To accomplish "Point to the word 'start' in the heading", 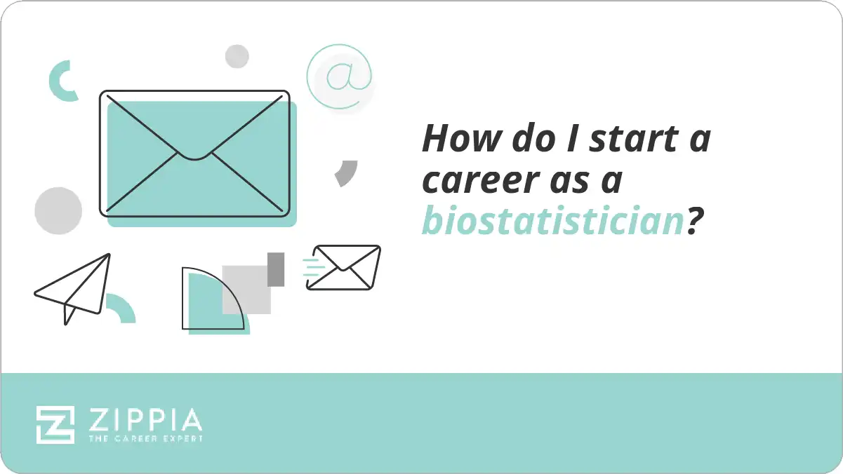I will click(628, 139).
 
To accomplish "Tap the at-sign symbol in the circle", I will click(339, 77).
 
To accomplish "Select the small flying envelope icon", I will click(345, 267).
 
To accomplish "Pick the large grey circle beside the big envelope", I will click(58, 211).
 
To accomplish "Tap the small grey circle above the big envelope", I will click(237, 56).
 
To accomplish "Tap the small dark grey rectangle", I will click(276, 269).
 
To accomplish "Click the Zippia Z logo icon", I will click(55, 424).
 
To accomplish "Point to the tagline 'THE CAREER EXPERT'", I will click(145, 439).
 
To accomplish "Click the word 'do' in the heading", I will click(541, 139).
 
